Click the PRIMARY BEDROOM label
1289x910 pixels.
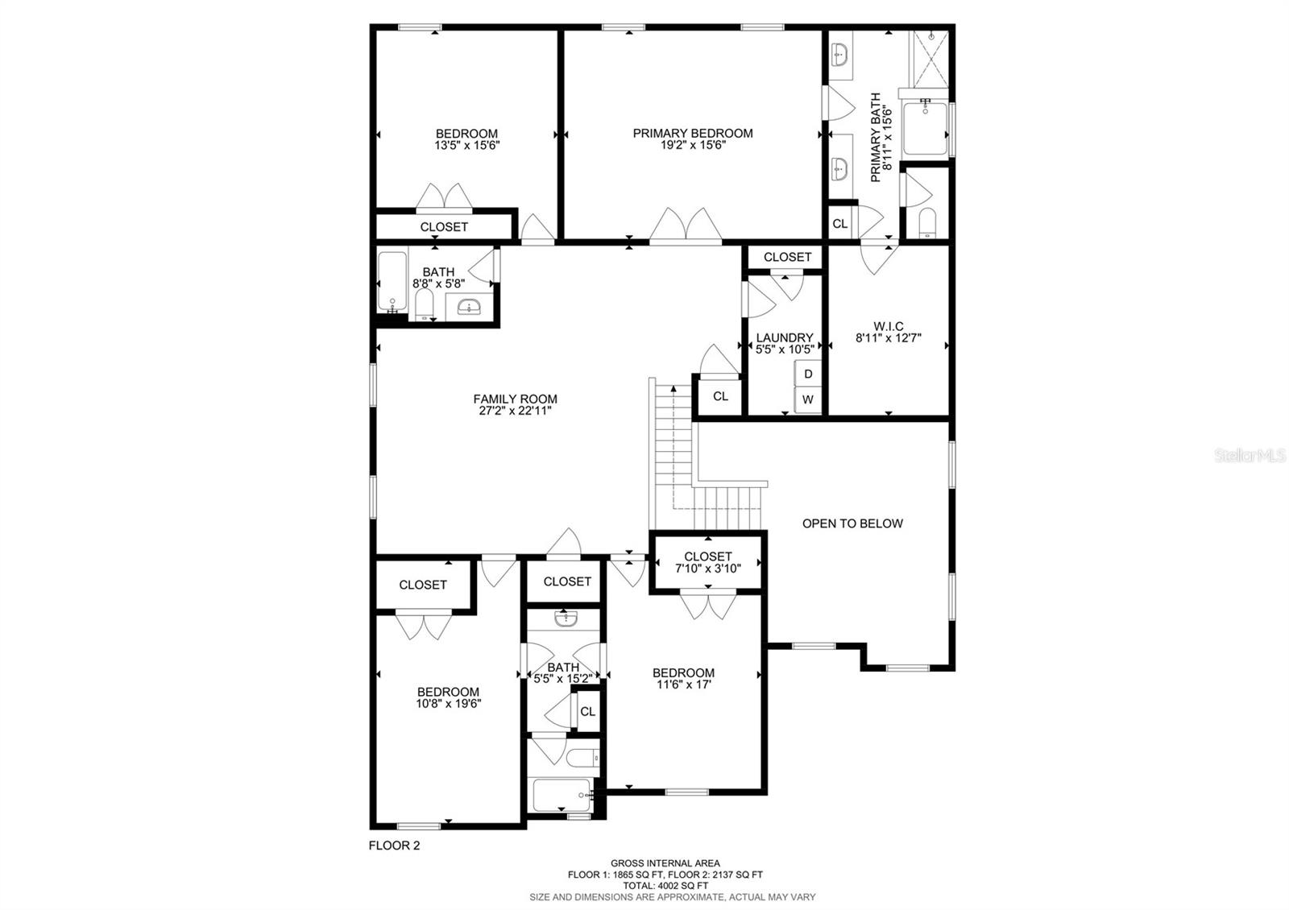[692, 134]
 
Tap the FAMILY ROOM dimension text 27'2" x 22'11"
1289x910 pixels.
[515, 411]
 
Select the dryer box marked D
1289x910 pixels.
[808, 374]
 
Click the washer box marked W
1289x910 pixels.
[808, 399]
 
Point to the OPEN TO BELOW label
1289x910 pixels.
[852, 523]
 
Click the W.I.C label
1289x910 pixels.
[889, 326]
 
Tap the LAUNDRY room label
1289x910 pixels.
[784, 337]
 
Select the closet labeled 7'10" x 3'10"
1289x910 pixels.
[707, 562]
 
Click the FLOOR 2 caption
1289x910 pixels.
[394, 846]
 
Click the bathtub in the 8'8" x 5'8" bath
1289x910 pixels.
[393, 282]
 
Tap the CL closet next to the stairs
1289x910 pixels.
[720, 396]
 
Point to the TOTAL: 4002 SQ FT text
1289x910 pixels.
[665, 885]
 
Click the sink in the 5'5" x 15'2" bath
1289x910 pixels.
[565, 618]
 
